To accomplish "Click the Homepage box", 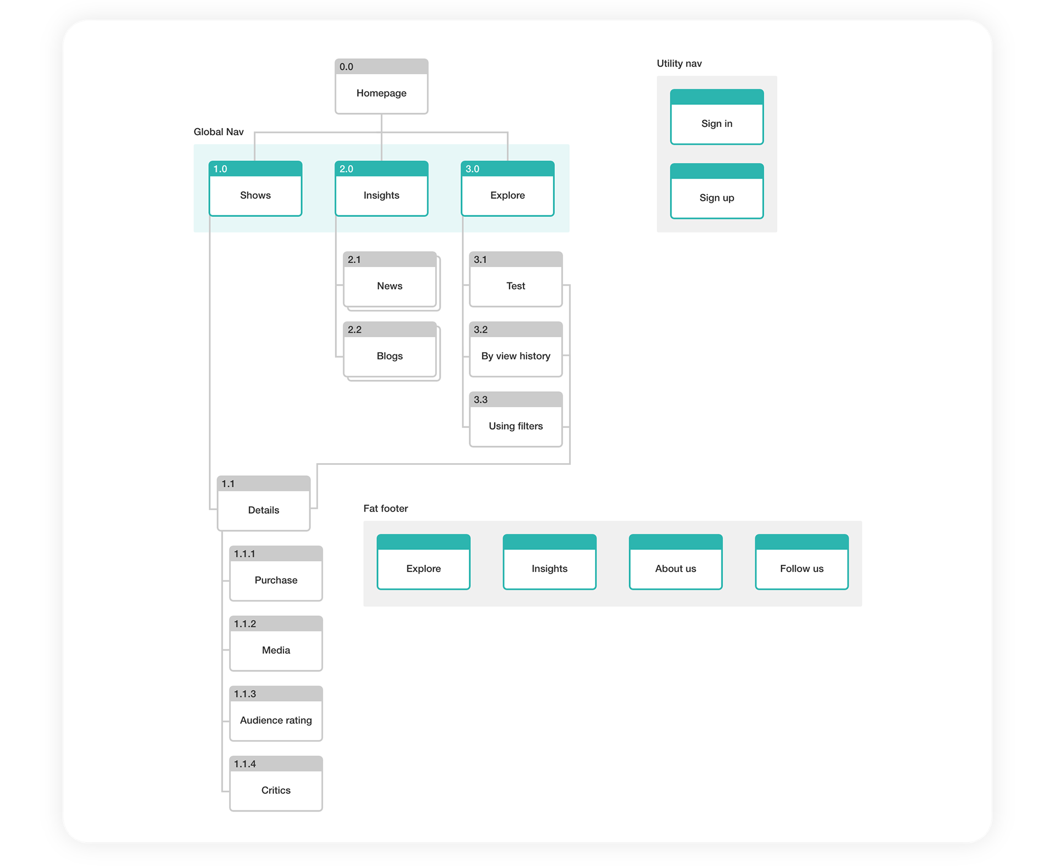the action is (x=381, y=86).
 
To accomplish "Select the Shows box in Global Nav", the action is (x=256, y=188).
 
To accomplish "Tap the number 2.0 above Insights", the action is (x=346, y=169).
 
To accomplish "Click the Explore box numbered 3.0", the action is (x=508, y=188).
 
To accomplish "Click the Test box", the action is (x=516, y=279).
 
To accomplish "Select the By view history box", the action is (x=516, y=349).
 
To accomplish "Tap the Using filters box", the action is (x=516, y=419).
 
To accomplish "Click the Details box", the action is (x=264, y=503).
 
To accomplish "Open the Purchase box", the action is (x=276, y=574).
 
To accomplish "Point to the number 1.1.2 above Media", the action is (x=245, y=624).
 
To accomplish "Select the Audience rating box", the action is (x=276, y=714).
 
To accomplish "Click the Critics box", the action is (x=276, y=783).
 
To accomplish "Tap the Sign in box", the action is (x=717, y=117).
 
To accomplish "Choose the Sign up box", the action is (x=717, y=191).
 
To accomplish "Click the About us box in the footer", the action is (x=676, y=562).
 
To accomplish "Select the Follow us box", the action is (x=802, y=562).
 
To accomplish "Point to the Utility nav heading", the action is (x=679, y=63).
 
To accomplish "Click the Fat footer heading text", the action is (x=386, y=508).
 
